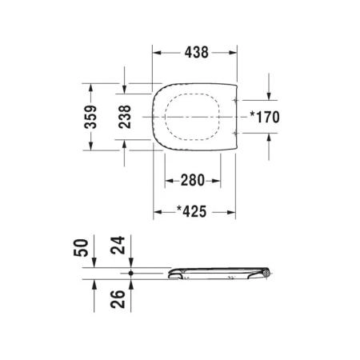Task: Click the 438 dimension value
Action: click(196, 52)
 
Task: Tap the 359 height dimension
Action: click(90, 117)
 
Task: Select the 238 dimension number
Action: click(125, 117)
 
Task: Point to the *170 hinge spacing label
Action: click(265, 117)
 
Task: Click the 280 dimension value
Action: click(193, 180)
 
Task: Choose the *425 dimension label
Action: click(192, 212)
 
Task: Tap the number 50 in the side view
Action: click(81, 248)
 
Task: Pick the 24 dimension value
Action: click(118, 245)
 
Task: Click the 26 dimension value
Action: click(118, 299)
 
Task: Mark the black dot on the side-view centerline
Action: click(130, 273)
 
